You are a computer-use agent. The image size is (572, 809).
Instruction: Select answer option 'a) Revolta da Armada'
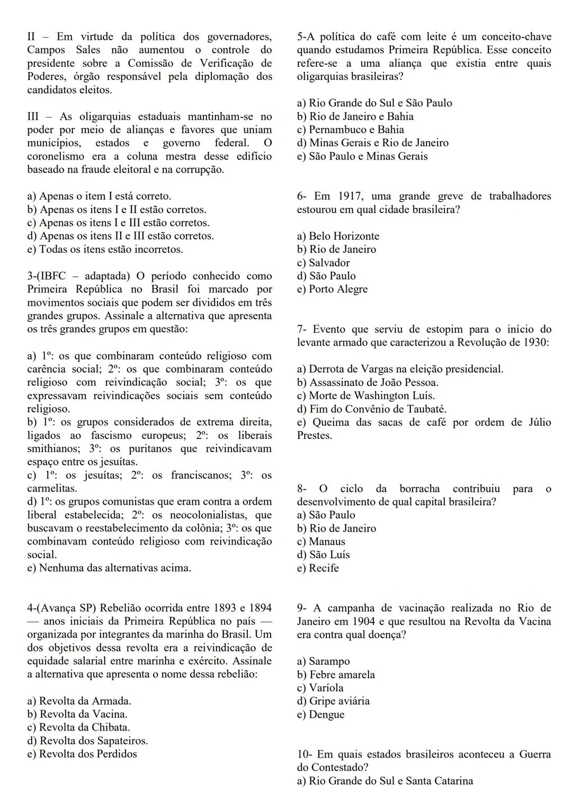[79, 701]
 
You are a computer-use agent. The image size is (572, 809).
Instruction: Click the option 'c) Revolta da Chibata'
[78, 727]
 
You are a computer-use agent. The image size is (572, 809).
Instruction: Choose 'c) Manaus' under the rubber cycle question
[321, 541]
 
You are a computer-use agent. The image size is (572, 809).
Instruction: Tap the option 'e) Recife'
[318, 568]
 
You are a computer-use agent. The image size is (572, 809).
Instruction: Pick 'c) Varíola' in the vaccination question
[320, 688]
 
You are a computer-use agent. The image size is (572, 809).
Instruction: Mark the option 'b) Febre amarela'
[336, 674]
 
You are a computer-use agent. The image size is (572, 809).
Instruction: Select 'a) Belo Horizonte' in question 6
[338, 236]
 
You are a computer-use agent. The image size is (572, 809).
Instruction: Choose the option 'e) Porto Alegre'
[332, 289]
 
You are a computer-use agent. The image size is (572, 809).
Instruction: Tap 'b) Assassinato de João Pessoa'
[368, 382]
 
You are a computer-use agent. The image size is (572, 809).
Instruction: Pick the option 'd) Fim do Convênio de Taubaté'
[372, 409]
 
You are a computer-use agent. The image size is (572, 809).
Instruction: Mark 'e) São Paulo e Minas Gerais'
[362, 156]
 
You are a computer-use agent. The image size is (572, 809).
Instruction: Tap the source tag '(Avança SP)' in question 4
[66, 608]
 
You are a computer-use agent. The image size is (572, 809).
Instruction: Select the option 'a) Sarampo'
[323, 661]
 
